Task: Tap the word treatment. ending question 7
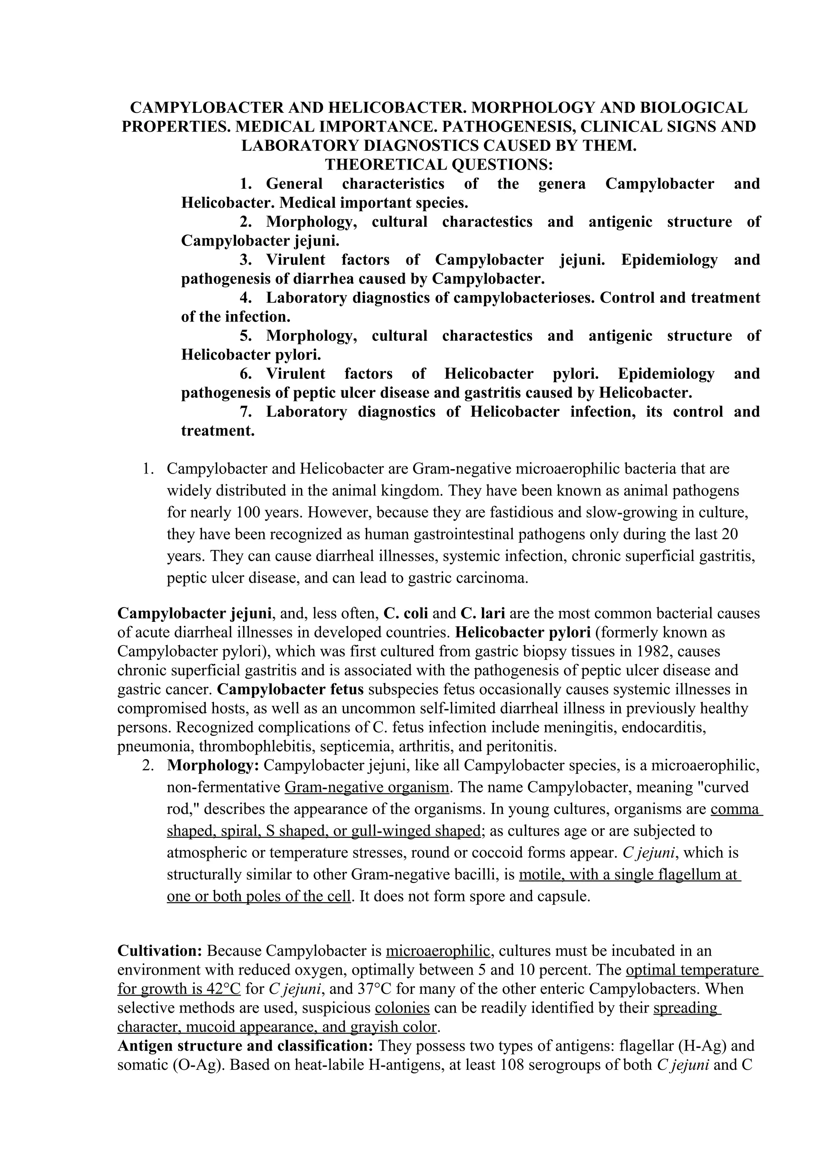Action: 218,431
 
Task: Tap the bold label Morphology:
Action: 213,766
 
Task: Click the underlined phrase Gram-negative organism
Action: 366,787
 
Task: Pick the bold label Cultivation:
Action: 160,951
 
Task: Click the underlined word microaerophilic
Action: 437,951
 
